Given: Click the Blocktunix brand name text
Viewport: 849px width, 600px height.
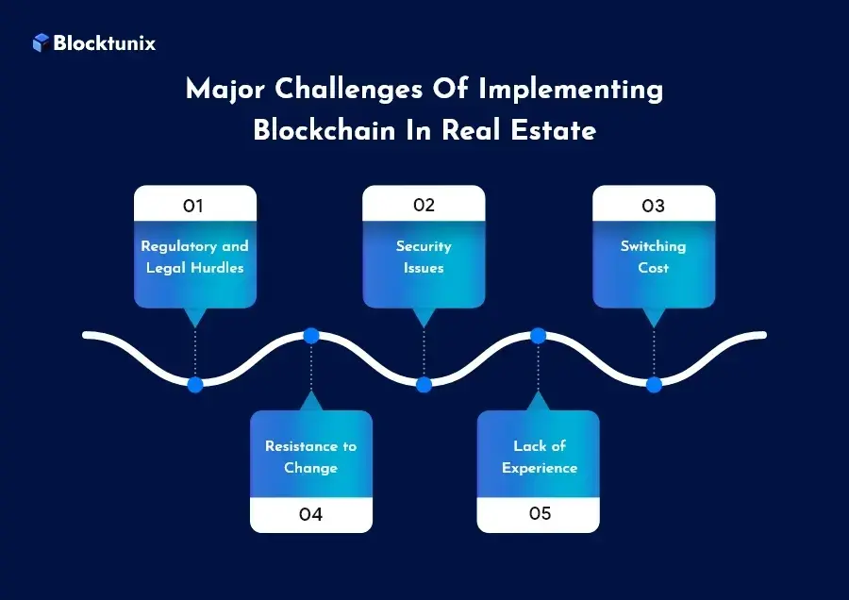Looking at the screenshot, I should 105,42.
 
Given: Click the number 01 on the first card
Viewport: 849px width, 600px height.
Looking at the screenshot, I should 194,206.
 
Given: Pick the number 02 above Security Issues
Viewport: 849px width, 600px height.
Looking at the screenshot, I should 424,206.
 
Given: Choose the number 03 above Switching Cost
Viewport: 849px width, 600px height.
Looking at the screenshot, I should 653,206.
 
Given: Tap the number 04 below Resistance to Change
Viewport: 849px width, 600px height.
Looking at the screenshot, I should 310,515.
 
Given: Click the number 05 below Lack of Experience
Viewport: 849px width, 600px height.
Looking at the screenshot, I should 539,515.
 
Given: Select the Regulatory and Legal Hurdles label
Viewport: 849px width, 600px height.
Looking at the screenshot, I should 194,257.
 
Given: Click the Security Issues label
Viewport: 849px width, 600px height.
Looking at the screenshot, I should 424,257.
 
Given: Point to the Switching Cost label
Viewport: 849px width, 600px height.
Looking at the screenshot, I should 653,257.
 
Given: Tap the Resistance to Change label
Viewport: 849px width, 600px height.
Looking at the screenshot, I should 310,457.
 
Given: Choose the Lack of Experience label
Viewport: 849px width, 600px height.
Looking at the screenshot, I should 539,457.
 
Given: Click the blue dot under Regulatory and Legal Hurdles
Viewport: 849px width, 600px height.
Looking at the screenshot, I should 194,385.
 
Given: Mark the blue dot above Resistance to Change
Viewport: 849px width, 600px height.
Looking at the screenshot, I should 310,336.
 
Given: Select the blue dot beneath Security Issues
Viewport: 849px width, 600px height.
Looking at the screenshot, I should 424,385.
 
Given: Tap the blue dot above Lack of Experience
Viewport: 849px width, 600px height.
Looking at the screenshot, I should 539,336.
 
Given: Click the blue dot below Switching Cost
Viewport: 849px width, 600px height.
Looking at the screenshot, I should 653,385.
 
